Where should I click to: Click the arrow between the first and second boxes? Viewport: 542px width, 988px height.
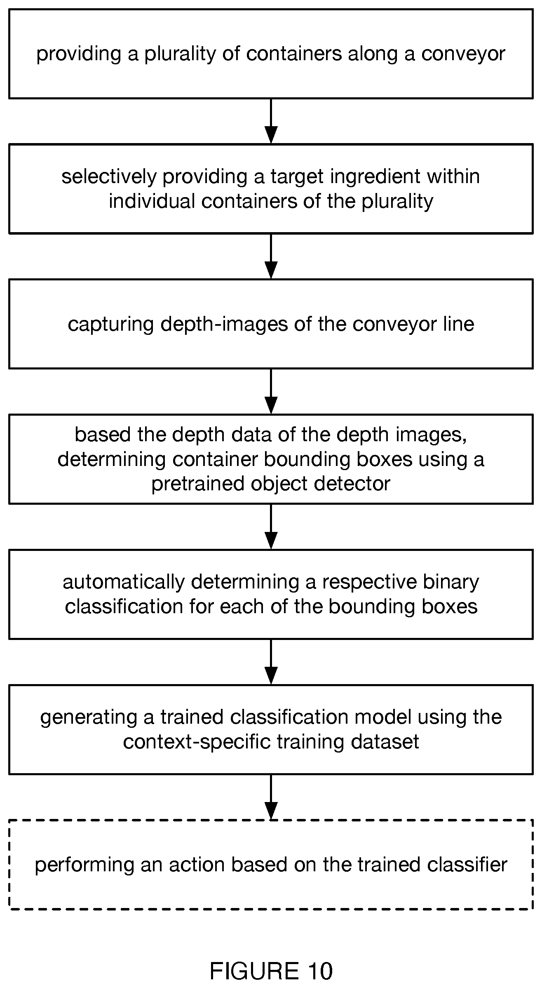[x=271, y=121]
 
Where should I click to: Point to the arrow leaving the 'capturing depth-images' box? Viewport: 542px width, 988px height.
[x=271, y=391]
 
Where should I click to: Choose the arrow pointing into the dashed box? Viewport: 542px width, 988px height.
[x=271, y=797]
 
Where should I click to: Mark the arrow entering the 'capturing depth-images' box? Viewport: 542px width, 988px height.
[x=271, y=256]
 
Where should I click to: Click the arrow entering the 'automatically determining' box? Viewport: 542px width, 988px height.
[x=271, y=527]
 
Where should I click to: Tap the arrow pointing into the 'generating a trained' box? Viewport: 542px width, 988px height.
[x=271, y=662]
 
